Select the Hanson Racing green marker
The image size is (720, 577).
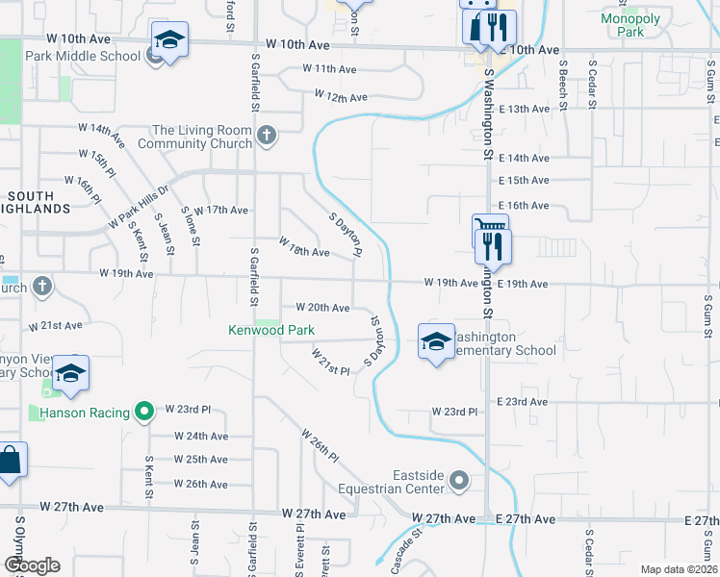point(145,413)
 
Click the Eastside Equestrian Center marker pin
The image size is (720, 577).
point(460,480)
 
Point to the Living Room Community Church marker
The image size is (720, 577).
point(268,137)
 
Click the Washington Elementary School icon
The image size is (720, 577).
point(435,341)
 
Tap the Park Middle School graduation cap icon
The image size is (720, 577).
point(169,40)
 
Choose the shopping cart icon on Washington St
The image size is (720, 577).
point(490,227)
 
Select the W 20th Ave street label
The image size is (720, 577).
point(322,308)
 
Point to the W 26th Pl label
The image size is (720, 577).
point(321,444)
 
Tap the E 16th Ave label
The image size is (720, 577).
point(524,206)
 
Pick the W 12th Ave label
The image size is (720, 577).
point(342,97)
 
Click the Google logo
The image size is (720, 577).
point(32,565)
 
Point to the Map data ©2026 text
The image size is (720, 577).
point(678,569)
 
